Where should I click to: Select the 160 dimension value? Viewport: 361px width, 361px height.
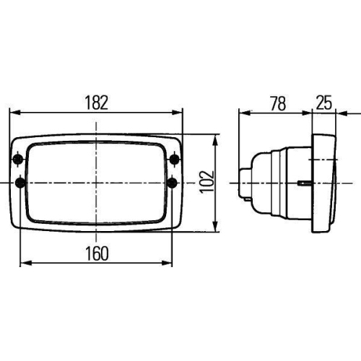[x=95, y=253]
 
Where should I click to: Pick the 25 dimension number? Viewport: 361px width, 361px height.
[x=324, y=103]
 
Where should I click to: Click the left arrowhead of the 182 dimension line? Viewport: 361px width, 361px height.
[x=13, y=113]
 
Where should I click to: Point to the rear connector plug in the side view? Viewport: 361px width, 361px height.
[x=246, y=183]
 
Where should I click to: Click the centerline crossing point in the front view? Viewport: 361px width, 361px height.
[x=96, y=183]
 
